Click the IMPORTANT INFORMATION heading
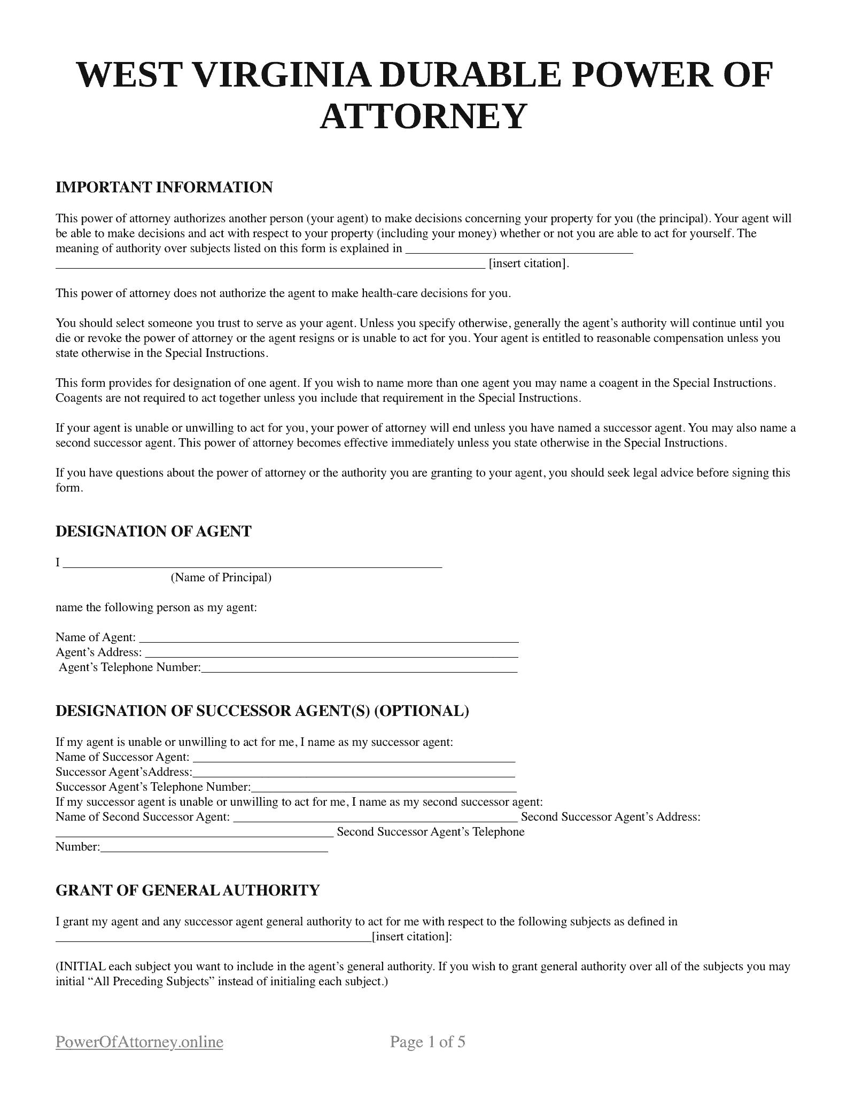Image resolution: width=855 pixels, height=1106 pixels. coord(164,188)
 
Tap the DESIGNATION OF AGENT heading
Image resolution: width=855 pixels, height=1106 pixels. coord(153,532)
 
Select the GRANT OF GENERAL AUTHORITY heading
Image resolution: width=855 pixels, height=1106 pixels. coord(188,890)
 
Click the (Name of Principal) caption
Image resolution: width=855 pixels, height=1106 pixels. coord(221,578)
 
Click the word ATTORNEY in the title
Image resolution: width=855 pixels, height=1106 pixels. coord(423,116)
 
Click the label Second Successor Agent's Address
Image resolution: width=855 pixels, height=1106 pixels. coord(610,817)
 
